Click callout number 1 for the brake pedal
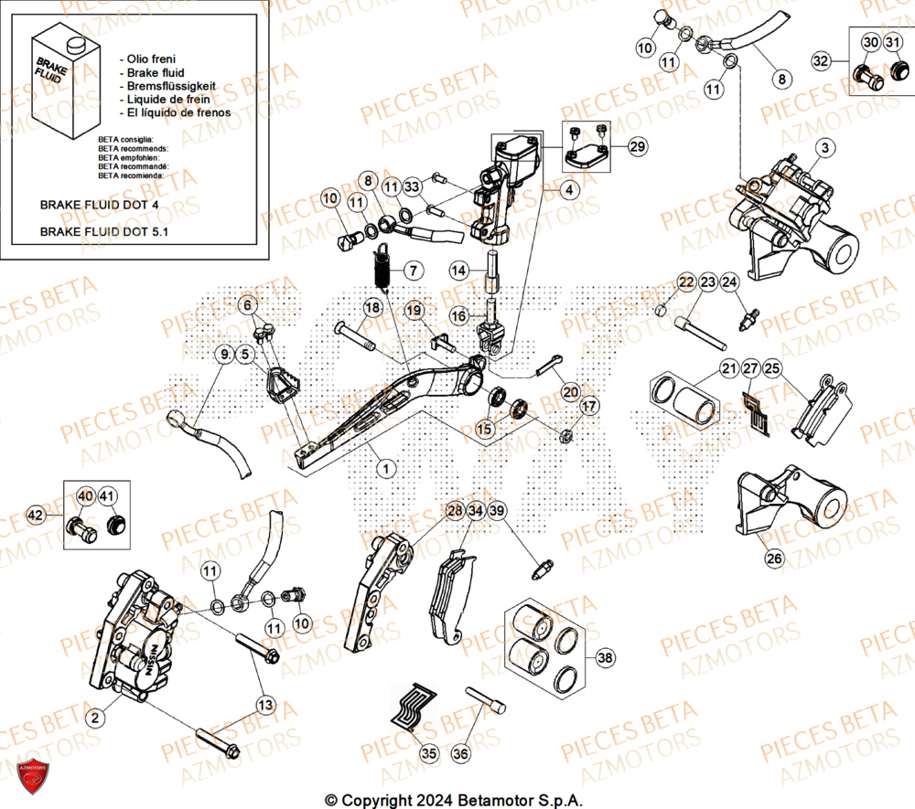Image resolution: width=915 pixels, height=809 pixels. pyautogui.click(x=386, y=468)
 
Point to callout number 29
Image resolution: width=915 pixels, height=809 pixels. pyautogui.click(x=637, y=146)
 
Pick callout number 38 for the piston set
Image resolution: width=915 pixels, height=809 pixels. pyautogui.click(x=604, y=656)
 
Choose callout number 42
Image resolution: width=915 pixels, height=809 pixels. pyautogui.click(x=36, y=516)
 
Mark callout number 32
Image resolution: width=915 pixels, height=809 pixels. pyautogui.click(x=821, y=60)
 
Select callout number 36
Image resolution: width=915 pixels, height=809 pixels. pyautogui.click(x=460, y=753)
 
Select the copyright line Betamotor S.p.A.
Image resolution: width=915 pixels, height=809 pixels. pyautogui.click(x=455, y=800)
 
